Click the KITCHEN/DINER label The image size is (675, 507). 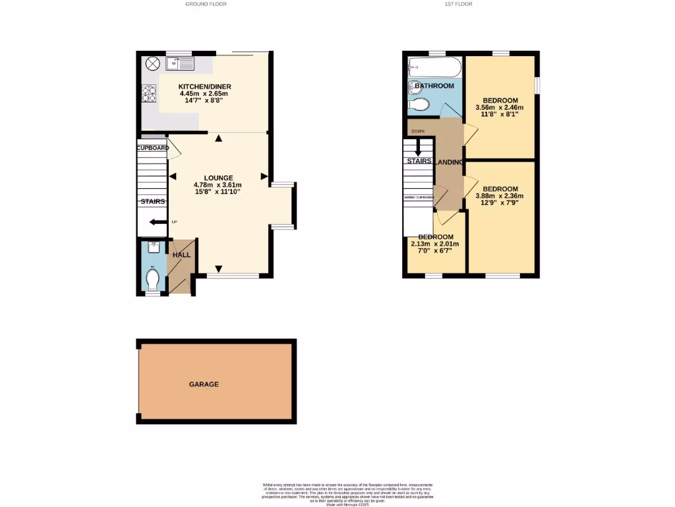click(205, 86)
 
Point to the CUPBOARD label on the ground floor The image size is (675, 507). click(152, 148)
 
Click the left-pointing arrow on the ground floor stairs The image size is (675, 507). click(158, 222)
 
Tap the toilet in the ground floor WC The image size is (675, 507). click(153, 279)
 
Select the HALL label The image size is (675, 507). click(181, 254)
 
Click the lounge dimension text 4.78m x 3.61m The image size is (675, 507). click(218, 185)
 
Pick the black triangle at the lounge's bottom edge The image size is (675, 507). click(218, 269)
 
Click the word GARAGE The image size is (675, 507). click(204, 384)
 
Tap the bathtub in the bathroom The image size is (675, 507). click(435, 67)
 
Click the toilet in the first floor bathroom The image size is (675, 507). click(419, 104)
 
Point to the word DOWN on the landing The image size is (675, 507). click(417, 131)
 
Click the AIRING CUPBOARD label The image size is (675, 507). click(418, 197)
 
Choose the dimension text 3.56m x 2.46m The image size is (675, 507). click(499, 108)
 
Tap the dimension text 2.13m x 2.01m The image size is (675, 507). click(435, 244)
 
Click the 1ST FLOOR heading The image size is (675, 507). click(458, 4)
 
